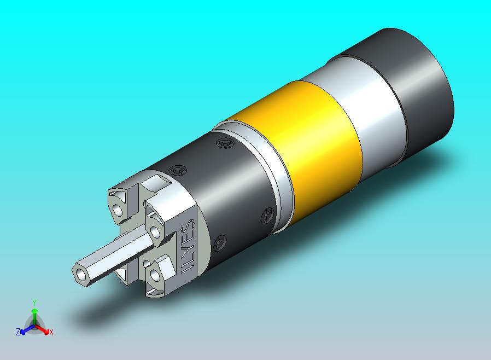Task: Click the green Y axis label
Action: (34, 303)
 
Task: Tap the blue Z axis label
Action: (18, 332)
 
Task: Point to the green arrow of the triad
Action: (34, 315)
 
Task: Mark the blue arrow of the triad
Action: (25, 329)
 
